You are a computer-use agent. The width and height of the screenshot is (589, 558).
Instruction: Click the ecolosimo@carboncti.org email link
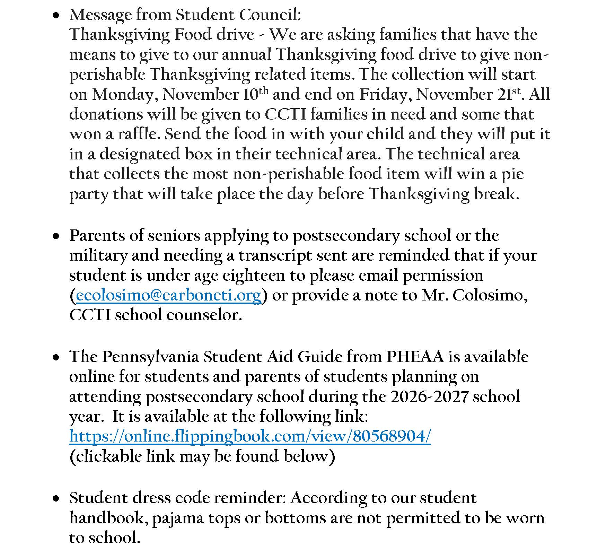click(x=168, y=295)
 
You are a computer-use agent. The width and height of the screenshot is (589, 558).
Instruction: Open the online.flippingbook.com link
click(x=250, y=436)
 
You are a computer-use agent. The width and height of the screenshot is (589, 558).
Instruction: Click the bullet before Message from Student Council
click(x=55, y=16)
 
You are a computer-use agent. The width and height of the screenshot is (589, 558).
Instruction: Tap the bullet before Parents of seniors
click(x=55, y=236)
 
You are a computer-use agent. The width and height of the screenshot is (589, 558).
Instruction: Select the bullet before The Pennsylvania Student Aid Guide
click(x=55, y=358)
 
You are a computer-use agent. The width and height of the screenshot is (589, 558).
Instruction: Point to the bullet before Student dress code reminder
click(x=55, y=499)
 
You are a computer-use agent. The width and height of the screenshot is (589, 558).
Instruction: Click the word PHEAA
click(x=415, y=357)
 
